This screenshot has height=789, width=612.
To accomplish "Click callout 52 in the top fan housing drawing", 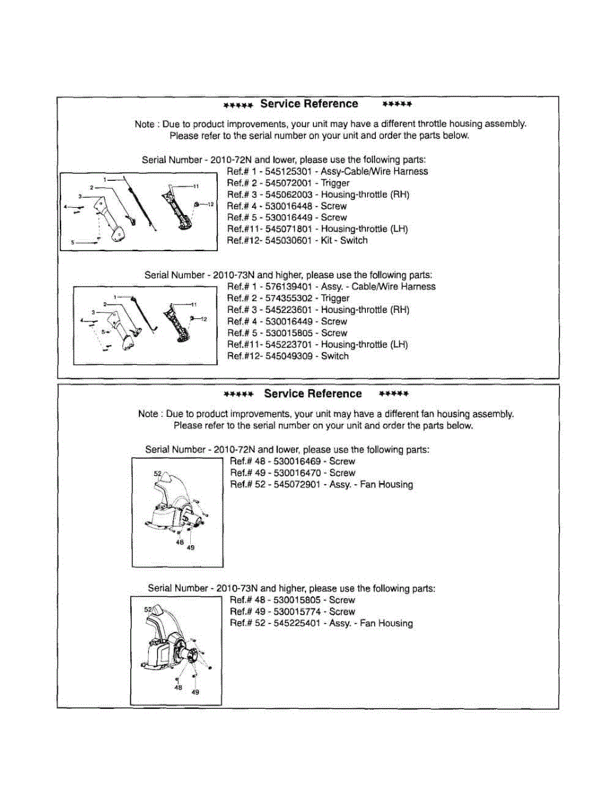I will coord(157,473).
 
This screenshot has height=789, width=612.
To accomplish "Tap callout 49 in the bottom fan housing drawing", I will coord(195,692).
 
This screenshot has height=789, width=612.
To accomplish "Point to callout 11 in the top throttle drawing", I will coord(195,187).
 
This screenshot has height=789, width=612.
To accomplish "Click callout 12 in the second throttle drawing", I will coord(203,319).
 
